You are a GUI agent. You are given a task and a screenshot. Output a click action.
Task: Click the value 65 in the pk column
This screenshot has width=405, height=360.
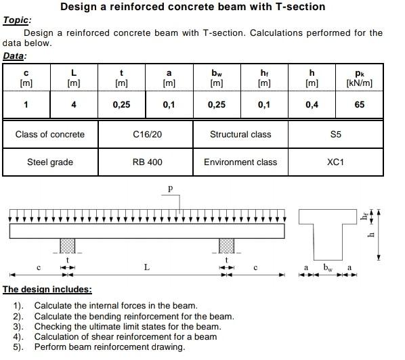point(359,104)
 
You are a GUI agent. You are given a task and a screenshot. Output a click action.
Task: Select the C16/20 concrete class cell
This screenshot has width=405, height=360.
point(148,134)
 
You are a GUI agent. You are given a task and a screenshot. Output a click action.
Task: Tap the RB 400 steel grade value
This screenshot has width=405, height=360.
point(147,162)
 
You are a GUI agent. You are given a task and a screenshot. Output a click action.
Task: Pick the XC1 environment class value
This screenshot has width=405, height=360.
point(335,162)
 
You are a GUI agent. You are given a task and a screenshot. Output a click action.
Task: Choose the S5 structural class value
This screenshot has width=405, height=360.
point(335,134)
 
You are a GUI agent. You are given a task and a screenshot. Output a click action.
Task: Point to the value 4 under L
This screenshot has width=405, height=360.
point(74,104)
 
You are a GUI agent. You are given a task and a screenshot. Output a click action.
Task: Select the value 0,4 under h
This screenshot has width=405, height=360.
point(312,104)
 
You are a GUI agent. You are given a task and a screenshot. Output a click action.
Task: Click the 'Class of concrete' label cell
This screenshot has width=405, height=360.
point(50,134)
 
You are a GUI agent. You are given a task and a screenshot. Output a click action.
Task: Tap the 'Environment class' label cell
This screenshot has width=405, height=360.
point(240,162)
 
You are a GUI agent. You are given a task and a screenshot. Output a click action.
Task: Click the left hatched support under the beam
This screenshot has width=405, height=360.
point(67,246)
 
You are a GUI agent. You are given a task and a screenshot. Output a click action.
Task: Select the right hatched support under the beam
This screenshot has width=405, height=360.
point(226,246)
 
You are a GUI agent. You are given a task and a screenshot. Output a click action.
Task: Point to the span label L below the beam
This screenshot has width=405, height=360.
point(147,268)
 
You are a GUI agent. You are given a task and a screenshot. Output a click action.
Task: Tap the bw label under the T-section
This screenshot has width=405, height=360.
point(328,268)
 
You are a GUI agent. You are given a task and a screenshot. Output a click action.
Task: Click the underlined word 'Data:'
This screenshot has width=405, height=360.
point(15,55)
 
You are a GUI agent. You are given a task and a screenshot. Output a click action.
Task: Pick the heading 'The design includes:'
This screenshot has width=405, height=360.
point(47,290)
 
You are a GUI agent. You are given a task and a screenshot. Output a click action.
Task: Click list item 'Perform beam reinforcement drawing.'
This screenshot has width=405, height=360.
point(110,346)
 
